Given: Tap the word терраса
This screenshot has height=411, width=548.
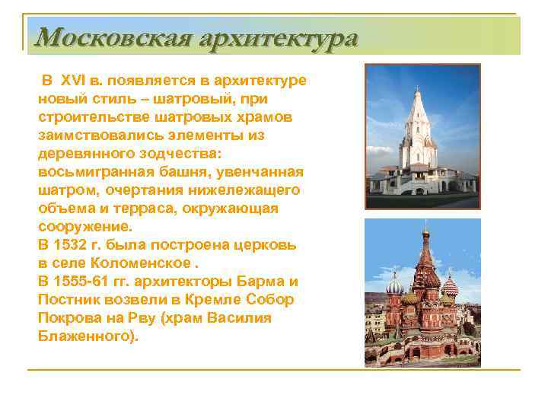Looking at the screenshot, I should (x=159, y=209).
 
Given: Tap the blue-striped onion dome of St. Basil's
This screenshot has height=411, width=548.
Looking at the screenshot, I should (x=395, y=287).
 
